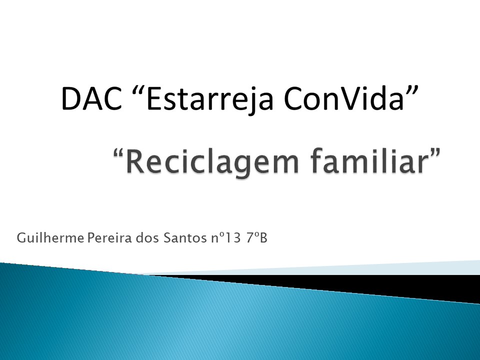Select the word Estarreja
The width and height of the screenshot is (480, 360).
210,99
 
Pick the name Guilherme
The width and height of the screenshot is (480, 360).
50,238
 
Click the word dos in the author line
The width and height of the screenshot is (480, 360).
148,238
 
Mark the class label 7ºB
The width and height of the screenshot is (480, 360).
256,238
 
